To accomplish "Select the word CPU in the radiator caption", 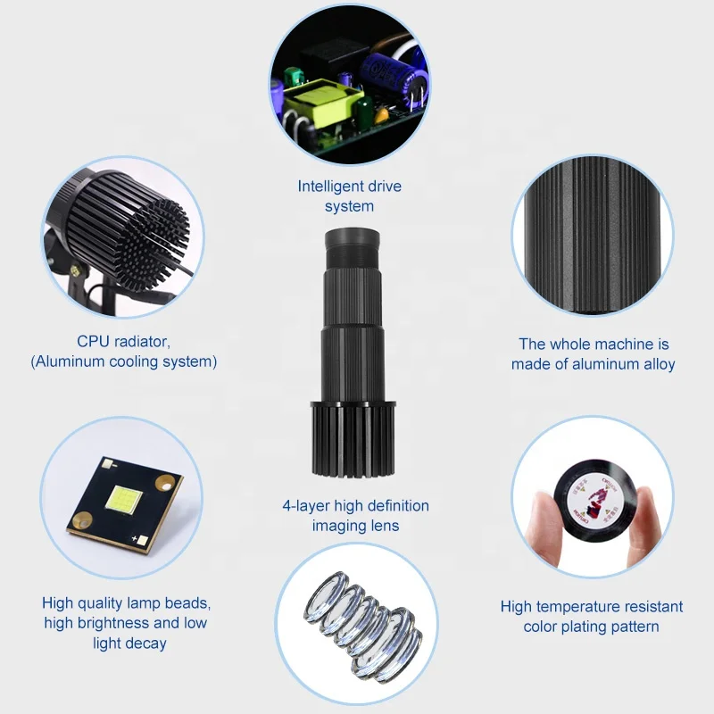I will [x=94, y=343].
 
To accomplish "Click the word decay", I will [x=145, y=643].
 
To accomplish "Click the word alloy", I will [x=655, y=364].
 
